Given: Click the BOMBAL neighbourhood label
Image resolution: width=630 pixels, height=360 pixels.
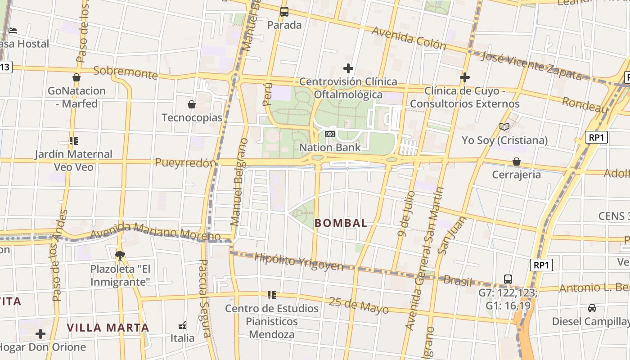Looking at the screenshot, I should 341,223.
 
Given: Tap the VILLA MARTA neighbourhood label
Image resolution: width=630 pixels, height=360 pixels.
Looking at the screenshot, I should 108,328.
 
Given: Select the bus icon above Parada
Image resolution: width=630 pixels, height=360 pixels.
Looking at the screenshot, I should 284,12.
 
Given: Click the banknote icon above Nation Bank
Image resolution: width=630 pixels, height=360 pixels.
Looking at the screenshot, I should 330,134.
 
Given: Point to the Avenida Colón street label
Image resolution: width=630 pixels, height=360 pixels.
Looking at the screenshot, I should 409,38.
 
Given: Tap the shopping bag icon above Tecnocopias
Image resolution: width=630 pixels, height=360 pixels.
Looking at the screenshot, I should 192,104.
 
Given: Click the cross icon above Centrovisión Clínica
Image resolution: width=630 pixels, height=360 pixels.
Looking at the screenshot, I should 348,68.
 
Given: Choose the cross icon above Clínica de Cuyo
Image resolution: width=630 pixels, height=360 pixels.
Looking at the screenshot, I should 465,77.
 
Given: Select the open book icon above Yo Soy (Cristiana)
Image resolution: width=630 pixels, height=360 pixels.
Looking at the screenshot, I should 504,127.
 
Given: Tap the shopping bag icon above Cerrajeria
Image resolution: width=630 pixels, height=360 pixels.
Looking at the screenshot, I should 517,161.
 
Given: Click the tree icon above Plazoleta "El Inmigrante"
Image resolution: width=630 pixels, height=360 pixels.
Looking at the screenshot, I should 120,256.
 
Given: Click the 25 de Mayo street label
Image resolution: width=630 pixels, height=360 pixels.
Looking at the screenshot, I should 359,305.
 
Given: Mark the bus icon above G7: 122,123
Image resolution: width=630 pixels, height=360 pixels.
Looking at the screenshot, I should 508,279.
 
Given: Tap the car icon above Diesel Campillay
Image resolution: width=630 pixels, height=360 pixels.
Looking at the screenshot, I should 592,308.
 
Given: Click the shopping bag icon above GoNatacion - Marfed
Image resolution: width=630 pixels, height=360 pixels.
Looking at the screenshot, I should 76,77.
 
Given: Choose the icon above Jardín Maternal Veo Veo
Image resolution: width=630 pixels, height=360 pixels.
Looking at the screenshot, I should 74,141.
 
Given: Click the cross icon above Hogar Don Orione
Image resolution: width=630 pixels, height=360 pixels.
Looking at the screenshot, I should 40,334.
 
